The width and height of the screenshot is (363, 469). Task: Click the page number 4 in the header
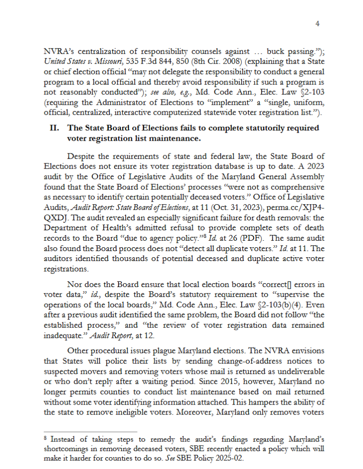coord(318,24)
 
